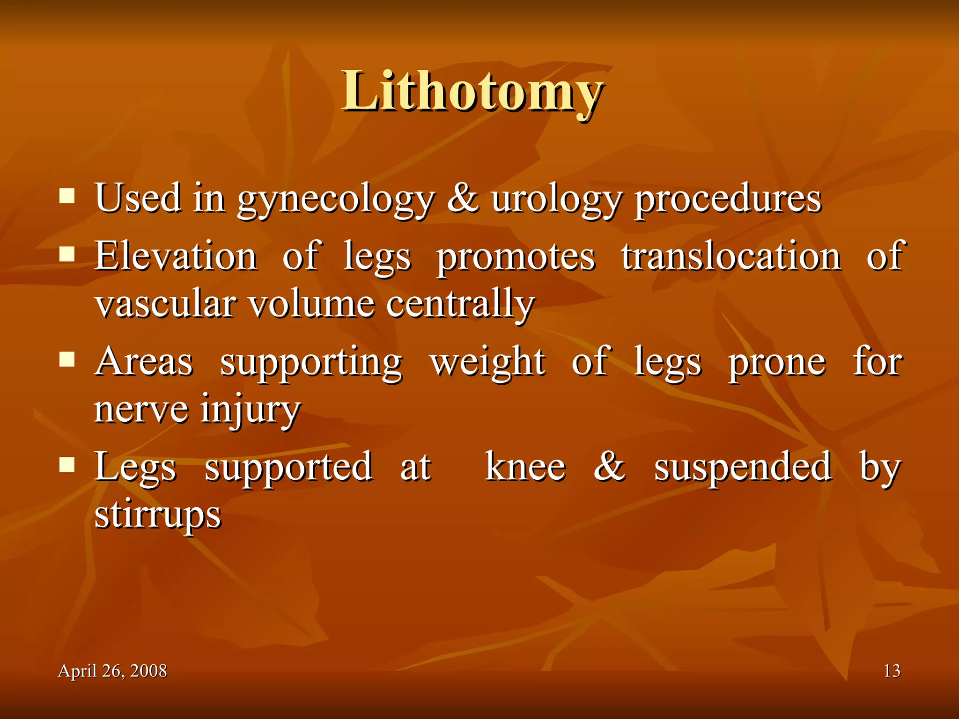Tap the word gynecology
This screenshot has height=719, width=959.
click(336, 199)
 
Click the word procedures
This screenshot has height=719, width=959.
click(728, 199)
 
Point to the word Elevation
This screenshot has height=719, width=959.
click(176, 256)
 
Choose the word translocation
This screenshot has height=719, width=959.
click(731, 256)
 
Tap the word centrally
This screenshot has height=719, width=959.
click(460, 305)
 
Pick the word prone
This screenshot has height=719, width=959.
click(776, 363)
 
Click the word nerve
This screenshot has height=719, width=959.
click(141, 409)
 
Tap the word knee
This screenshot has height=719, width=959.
click(525, 467)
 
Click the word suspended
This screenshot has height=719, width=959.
click(743, 467)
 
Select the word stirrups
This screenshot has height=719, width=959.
click(158, 515)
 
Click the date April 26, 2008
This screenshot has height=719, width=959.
click(112, 671)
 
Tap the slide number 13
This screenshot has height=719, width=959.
click(892, 671)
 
